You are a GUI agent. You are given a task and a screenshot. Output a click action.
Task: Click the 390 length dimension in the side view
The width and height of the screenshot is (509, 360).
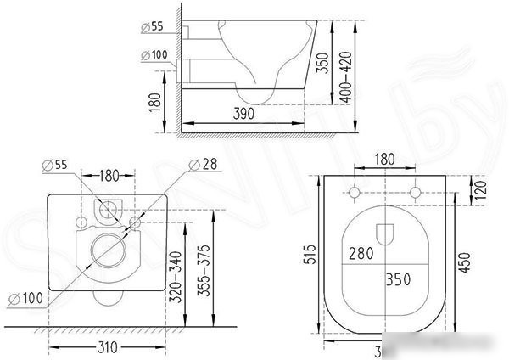[243, 113]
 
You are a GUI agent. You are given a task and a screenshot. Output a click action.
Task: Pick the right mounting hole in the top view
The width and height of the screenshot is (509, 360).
[415, 192]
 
